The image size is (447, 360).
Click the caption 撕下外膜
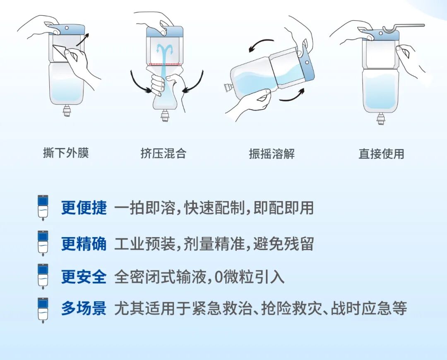[x=66, y=153]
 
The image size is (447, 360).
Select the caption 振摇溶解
[x=272, y=154]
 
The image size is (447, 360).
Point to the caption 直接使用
[x=381, y=154]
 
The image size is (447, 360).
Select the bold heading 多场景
[x=84, y=309]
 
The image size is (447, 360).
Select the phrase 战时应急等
[x=369, y=309]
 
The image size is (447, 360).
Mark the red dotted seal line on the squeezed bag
[x=164, y=64]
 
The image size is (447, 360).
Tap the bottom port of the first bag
[x=67, y=111]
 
